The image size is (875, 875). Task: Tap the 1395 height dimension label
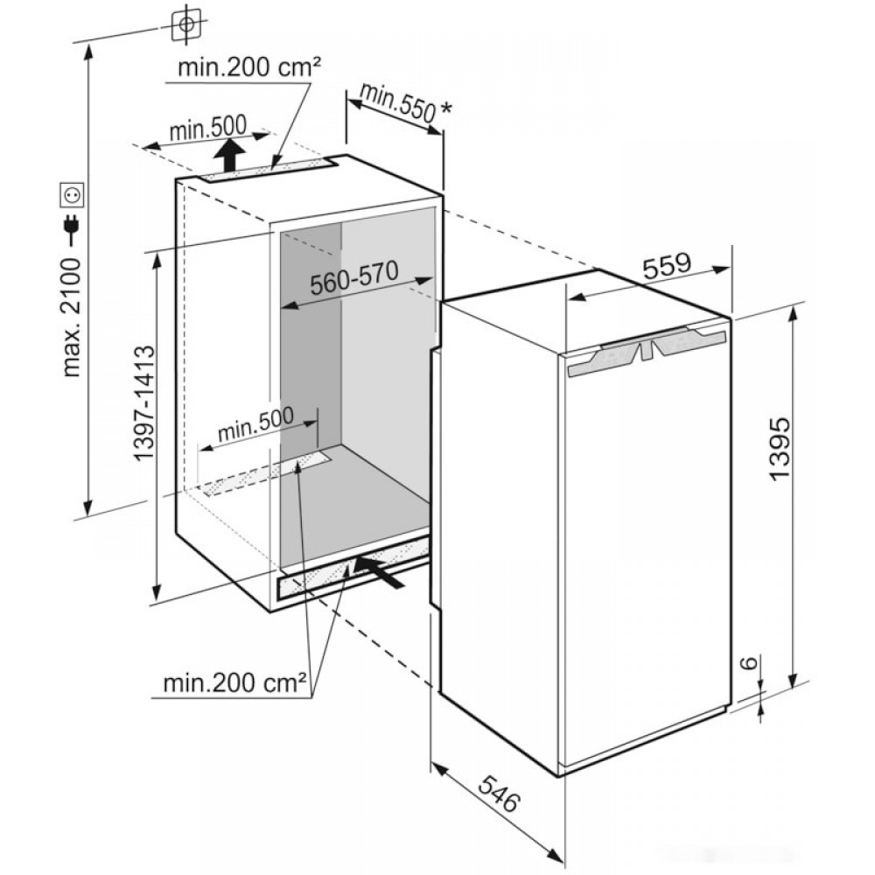[x=779, y=446]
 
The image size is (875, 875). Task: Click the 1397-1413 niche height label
[x=144, y=402]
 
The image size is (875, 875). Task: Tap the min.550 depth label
[x=397, y=103]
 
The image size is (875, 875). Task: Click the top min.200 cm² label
[x=249, y=67]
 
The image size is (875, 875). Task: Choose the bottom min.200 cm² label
[x=234, y=682]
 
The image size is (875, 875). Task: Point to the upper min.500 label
[x=207, y=129]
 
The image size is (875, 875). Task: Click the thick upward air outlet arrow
[x=230, y=156]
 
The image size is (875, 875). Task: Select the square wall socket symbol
[x=73, y=195]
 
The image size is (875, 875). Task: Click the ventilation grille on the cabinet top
[x=266, y=169]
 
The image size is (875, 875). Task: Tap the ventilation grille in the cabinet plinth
[x=353, y=571]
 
